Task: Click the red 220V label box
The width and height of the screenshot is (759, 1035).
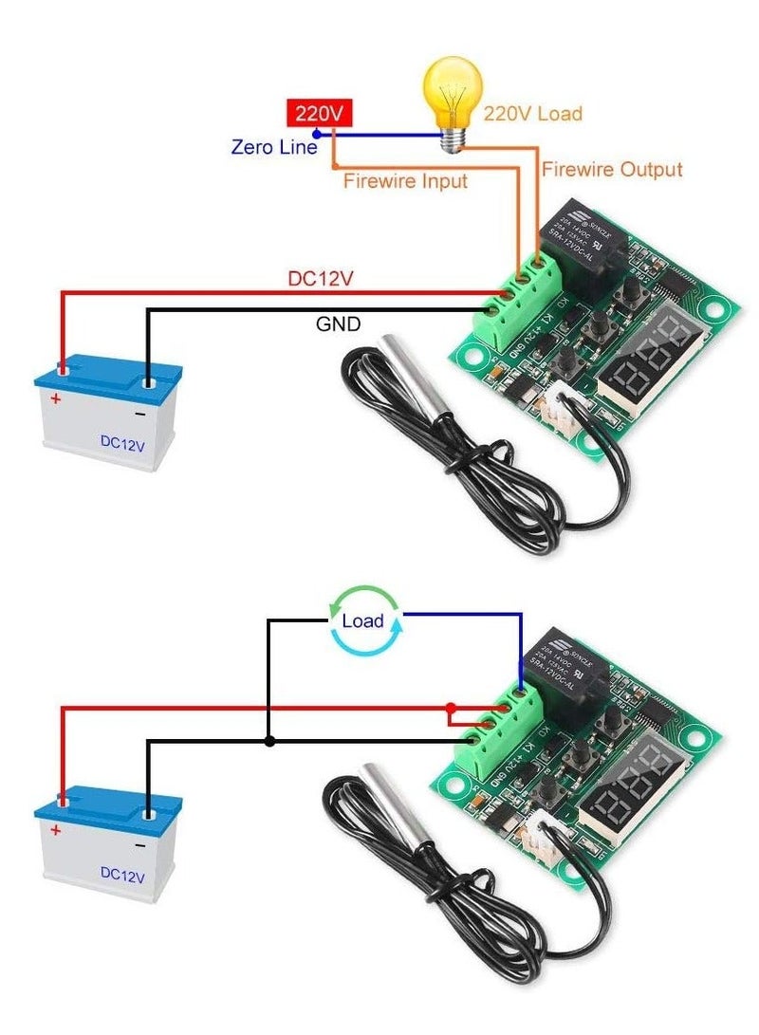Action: (x=320, y=113)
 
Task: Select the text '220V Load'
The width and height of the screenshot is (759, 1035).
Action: (x=532, y=114)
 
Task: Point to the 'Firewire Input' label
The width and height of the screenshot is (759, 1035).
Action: (x=405, y=180)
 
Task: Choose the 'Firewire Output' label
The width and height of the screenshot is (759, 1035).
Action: (x=611, y=170)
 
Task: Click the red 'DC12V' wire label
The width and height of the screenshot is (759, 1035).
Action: (x=320, y=280)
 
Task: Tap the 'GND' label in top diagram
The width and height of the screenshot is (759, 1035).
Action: (x=338, y=325)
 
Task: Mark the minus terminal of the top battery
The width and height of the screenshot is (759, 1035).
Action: (x=148, y=383)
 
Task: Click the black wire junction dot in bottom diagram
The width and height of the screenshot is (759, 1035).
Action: (x=270, y=741)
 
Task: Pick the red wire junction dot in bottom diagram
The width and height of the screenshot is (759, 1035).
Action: (x=451, y=708)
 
